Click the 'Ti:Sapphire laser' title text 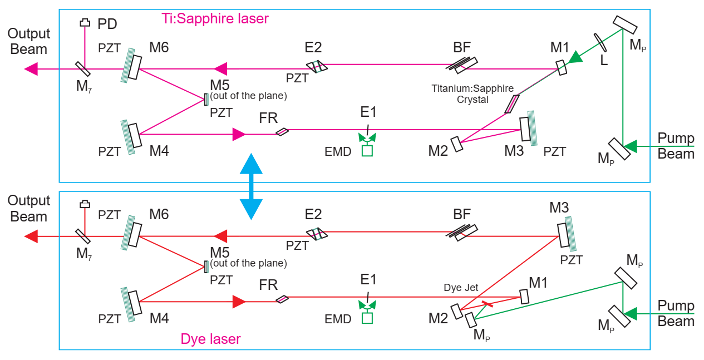215,18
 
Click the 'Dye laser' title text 210,338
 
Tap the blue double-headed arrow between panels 250,186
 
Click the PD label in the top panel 107,24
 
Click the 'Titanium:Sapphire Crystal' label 472,93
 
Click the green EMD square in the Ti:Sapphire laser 367,150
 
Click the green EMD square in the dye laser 367,318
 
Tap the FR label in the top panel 268,118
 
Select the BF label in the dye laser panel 462,214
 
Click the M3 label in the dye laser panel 559,209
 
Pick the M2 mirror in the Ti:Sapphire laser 457,144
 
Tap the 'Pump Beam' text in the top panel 676,146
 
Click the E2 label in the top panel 313,47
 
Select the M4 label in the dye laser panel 159,318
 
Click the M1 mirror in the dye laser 524,297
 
